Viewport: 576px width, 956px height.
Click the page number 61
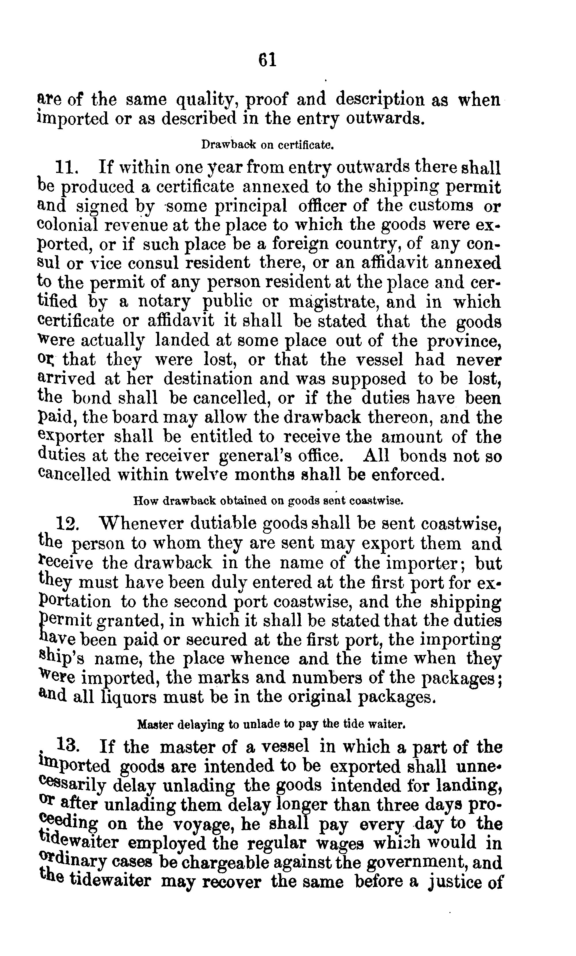pos(267,60)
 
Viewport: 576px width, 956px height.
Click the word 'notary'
pos(165,302)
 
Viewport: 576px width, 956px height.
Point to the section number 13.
pos(68,745)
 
